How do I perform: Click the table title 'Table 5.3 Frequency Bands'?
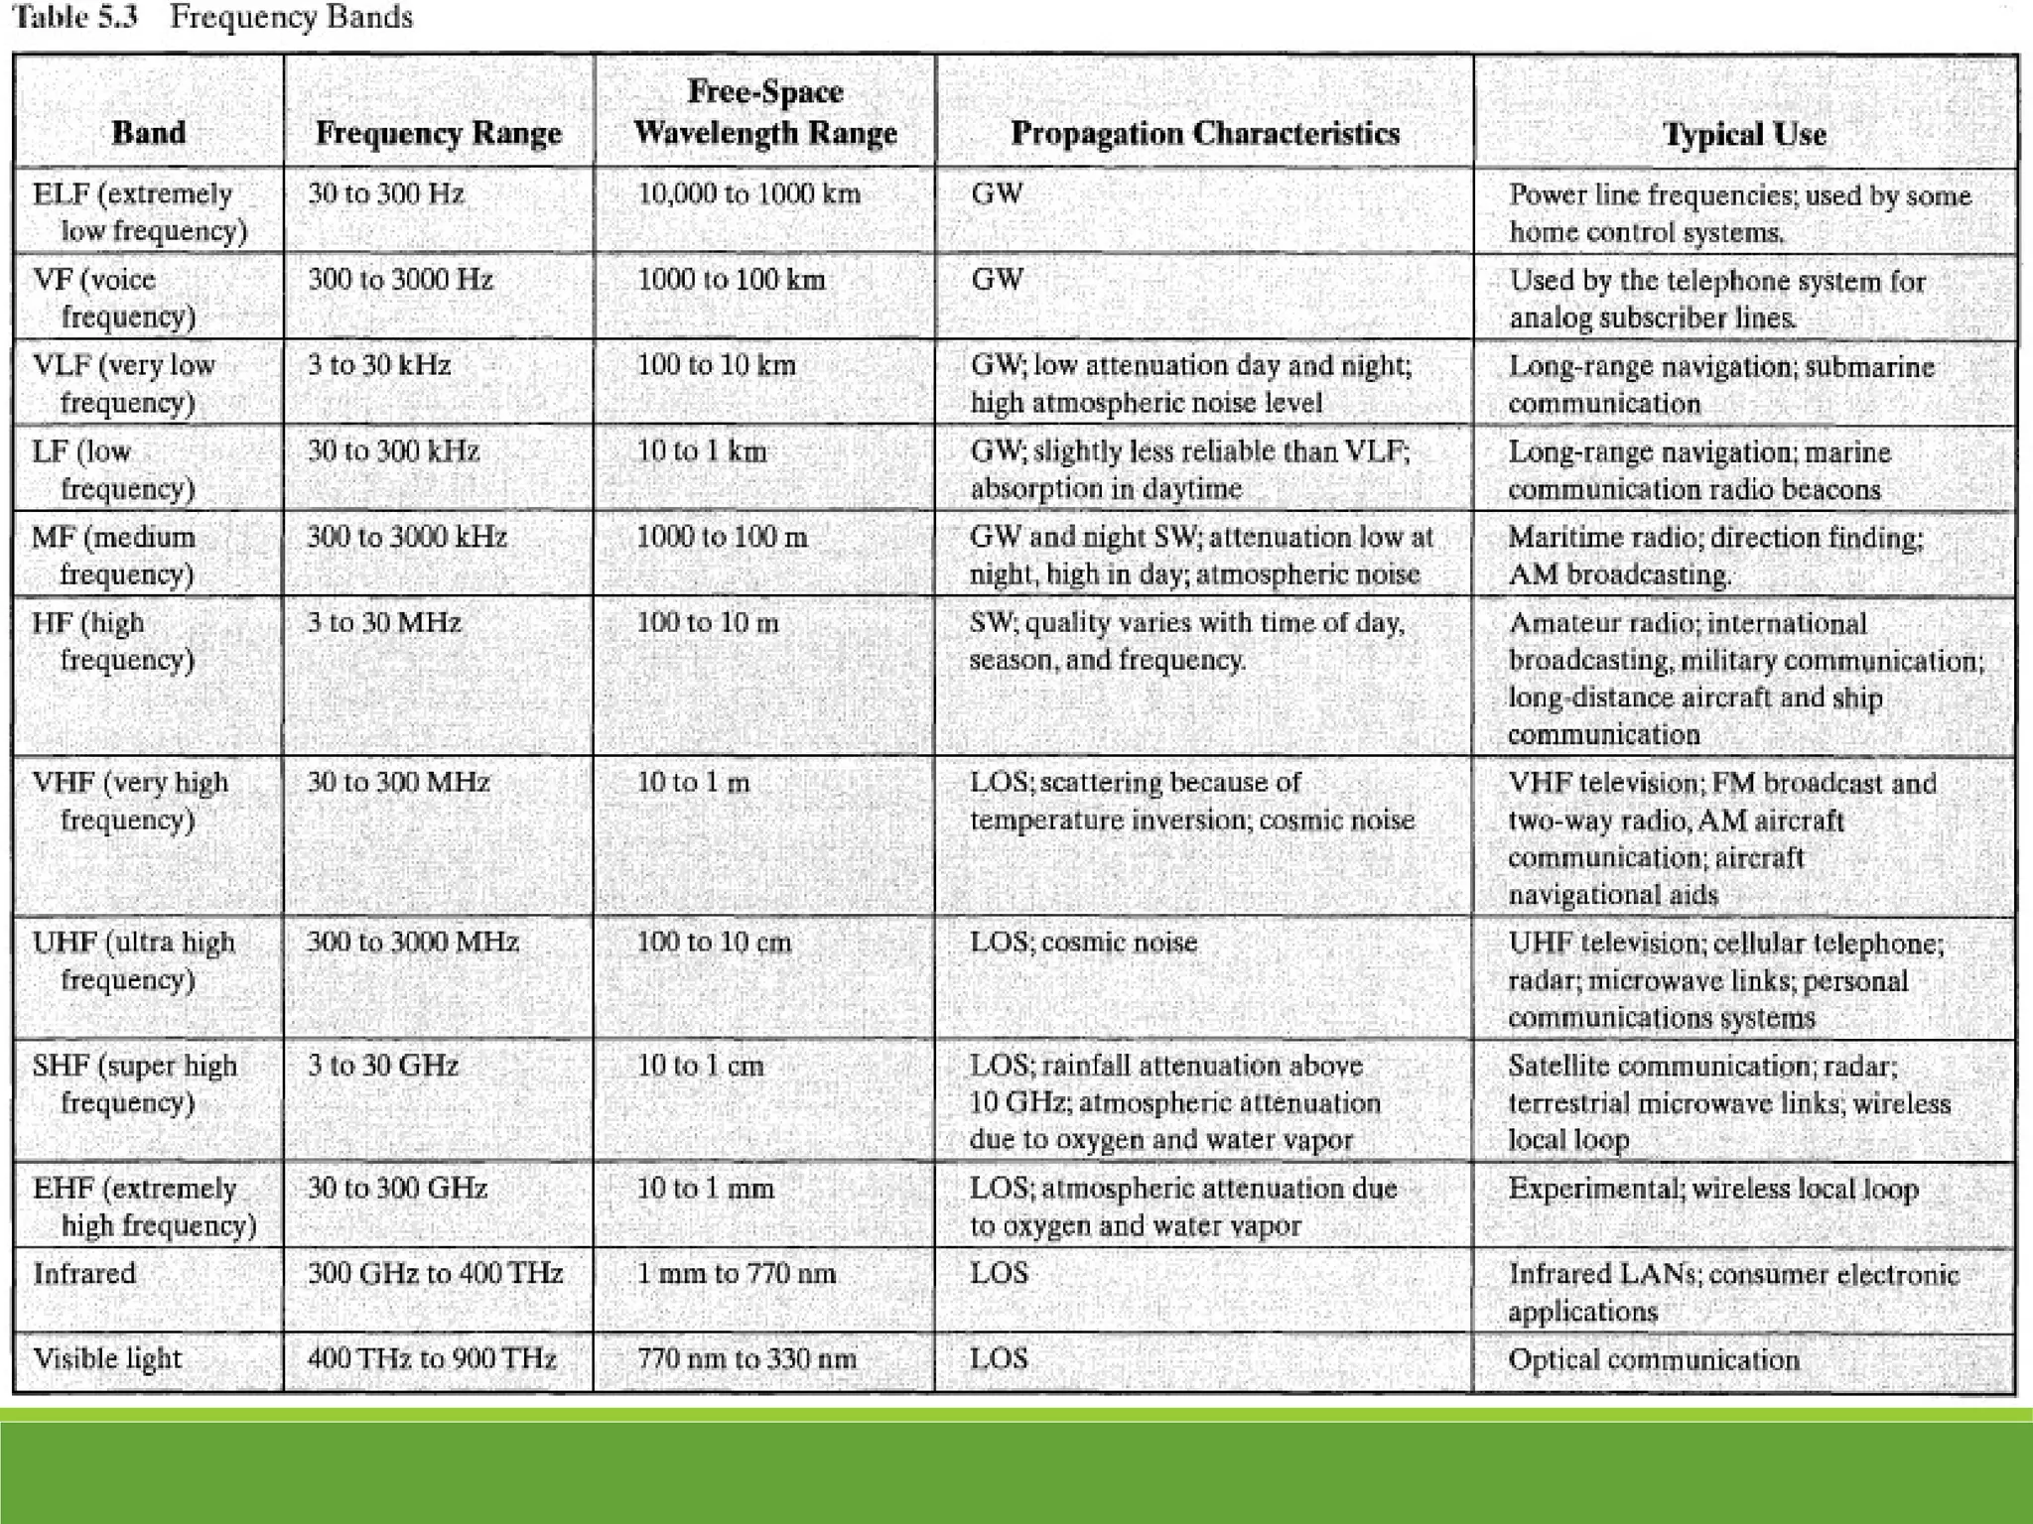tap(212, 18)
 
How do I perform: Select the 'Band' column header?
tap(148, 133)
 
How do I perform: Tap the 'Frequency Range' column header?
tap(438, 133)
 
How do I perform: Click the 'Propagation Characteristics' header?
tap(1204, 133)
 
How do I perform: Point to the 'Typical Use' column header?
tap(1744, 134)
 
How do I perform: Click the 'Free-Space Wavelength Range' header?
tap(764, 112)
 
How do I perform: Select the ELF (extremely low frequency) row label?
tap(139, 211)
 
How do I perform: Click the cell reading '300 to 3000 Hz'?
tap(400, 279)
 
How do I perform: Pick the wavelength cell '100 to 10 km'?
tap(716, 365)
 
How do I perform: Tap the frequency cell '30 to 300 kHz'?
tap(393, 451)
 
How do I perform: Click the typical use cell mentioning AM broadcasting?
tap(1716, 555)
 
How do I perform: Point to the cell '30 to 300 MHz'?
tap(398, 783)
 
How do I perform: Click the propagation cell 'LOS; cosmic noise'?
tap(1083, 942)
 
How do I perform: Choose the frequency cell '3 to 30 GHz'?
tap(382, 1066)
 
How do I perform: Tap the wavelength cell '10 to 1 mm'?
tap(705, 1188)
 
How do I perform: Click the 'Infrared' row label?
tap(84, 1273)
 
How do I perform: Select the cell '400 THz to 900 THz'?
tap(432, 1358)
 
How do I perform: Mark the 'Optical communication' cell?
tap(1653, 1359)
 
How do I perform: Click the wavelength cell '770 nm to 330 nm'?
tap(746, 1358)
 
